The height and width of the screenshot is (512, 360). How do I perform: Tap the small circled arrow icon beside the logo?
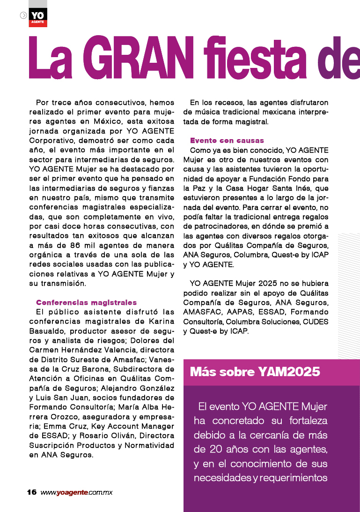23,15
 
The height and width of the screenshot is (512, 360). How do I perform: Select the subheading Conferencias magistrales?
87,303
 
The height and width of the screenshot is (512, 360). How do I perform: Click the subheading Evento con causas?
227,141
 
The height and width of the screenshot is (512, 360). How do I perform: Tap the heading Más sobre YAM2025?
255,372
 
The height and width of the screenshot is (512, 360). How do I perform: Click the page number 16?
32,492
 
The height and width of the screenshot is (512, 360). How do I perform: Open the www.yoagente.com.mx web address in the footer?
76,492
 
